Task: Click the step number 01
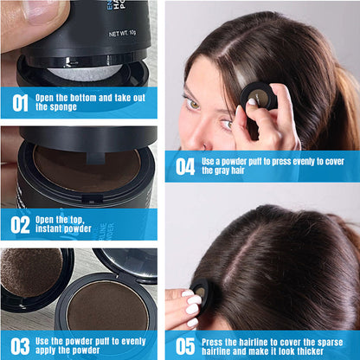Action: [x=18, y=104]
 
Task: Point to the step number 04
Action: [x=185, y=166]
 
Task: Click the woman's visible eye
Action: [x=192, y=103]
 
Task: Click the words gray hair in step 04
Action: [x=222, y=171]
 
